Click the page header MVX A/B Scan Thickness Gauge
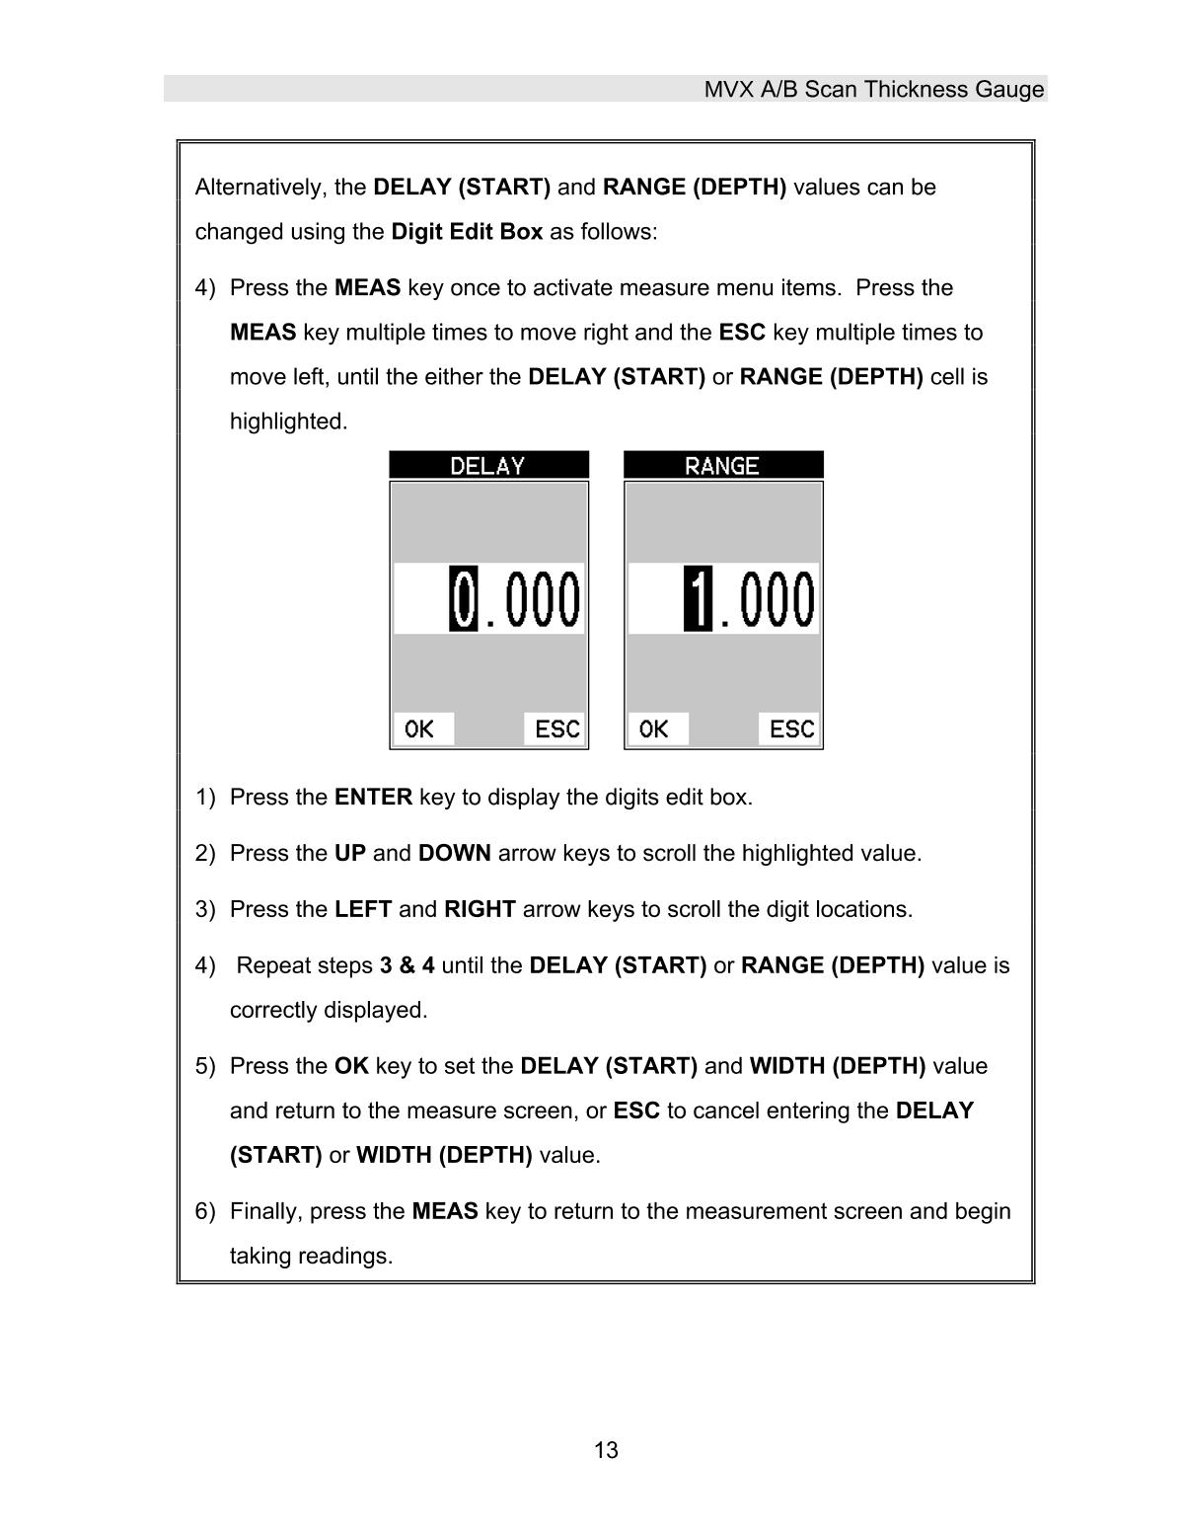[873, 90]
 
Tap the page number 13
[606, 1450]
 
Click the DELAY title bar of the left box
[488, 466]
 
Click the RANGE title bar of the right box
[722, 466]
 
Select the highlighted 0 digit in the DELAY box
[463, 599]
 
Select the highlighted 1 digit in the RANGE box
[697, 599]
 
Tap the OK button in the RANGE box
[655, 729]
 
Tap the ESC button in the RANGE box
[791, 729]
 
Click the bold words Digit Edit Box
[467, 232]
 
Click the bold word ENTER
[373, 798]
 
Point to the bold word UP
[349, 854]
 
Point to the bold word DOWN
[454, 854]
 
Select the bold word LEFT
[362, 910]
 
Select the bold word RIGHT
[480, 910]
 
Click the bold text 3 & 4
[407, 966]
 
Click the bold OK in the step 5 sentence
[350, 1067]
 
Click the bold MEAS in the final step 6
[444, 1212]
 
